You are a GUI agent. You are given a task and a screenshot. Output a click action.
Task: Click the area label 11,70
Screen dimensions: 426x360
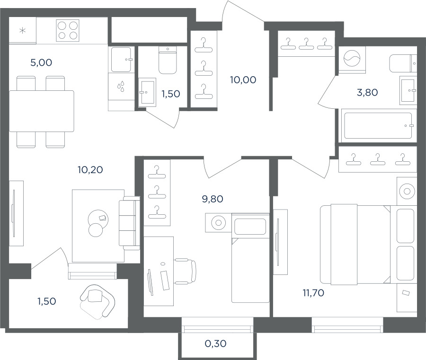pos(313,293)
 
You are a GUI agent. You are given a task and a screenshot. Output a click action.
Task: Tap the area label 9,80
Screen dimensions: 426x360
pos(213,199)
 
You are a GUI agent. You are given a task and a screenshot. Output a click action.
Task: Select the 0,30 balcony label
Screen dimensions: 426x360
pos(215,344)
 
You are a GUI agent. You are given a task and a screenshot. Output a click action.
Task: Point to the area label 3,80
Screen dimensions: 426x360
pos(367,93)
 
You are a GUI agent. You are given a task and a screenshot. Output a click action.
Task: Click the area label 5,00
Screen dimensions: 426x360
pos(41,63)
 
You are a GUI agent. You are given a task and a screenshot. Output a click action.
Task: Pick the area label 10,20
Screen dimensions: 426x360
pos(90,170)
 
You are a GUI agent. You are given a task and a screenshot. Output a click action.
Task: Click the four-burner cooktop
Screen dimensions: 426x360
pos(68,30)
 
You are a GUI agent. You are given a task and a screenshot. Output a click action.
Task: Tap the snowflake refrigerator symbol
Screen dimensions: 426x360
pos(23,30)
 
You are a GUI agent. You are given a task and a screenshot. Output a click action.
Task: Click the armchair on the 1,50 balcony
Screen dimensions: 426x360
pos(97,301)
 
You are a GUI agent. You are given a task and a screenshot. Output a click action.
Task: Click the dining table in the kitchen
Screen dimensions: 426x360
pos(42,111)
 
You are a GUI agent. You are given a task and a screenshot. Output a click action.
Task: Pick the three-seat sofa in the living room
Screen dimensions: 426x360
pos(129,223)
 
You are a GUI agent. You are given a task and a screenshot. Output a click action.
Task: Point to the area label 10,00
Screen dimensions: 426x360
pos(243,80)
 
